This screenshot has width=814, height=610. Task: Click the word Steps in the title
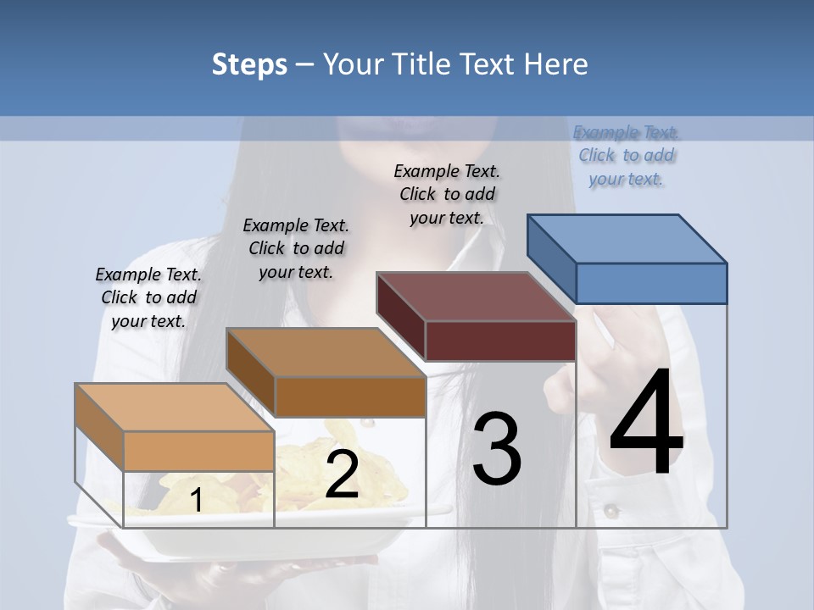[x=249, y=64]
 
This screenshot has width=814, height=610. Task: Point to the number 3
[x=497, y=448]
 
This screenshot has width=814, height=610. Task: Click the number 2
[x=342, y=474]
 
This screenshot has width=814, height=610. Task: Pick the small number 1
[x=196, y=501]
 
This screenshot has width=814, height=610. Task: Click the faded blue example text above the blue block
[x=627, y=156]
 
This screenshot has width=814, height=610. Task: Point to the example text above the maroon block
[x=447, y=194]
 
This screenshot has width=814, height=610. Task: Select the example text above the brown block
[x=296, y=248]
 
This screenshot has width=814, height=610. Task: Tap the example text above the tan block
[x=148, y=297]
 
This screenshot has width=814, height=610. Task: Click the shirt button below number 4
[x=610, y=511]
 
